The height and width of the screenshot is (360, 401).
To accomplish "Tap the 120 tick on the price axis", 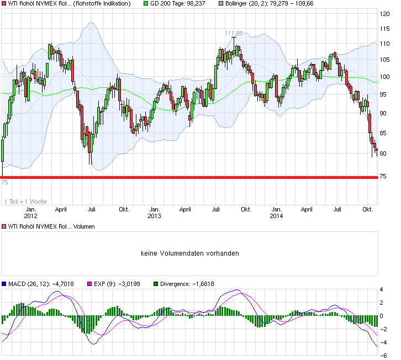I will point(385,14).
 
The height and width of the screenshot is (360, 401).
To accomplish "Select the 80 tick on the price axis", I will point(385,153).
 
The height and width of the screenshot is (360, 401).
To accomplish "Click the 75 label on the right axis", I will point(385,176).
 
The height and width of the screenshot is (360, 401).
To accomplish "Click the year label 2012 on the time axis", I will point(31,216).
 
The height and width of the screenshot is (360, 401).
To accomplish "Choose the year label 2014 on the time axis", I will point(277,216).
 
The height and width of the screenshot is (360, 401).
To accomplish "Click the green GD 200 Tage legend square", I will point(146,4).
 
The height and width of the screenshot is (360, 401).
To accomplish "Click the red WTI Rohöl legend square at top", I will point(4,4).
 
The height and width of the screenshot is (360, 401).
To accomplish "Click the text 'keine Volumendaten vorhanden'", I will point(189,253).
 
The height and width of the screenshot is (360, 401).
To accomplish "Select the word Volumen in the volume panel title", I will point(83,226).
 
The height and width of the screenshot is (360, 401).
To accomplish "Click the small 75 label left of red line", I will point(4,182).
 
